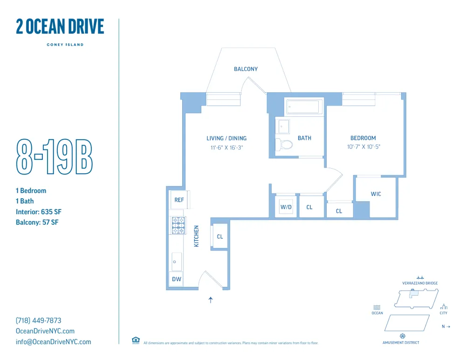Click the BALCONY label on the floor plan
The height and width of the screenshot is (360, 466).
pos(246,69)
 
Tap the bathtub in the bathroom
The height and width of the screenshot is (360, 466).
pos(303,107)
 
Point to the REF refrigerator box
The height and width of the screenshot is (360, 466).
pos(179,200)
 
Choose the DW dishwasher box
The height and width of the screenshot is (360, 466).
pos(177,279)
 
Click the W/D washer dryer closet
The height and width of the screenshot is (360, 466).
pos(286,207)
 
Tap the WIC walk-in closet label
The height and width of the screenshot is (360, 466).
pos(376,194)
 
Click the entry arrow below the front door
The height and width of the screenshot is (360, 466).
pos(211,300)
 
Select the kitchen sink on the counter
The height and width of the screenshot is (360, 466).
pos(177,262)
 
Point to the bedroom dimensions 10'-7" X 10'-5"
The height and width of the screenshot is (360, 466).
pos(363,147)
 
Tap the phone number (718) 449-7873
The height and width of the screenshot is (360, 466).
pos(39,320)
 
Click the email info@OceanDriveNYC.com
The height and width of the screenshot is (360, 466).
pos(54,342)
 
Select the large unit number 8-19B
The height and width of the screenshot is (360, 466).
pos(55,156)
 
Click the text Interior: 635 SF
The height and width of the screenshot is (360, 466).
pos(39,212)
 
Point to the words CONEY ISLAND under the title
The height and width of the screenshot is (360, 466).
pos(65,45)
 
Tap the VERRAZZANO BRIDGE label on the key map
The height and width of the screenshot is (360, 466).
pos(420,283)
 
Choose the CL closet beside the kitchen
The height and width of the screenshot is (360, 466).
pos(220,237)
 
